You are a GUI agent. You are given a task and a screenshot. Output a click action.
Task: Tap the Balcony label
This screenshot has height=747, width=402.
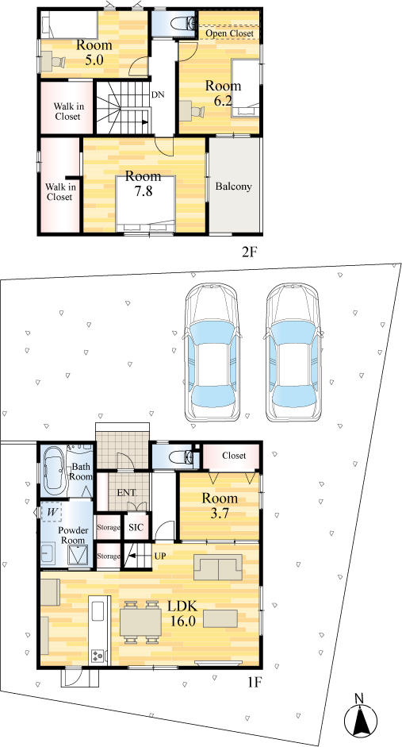pos(233,187)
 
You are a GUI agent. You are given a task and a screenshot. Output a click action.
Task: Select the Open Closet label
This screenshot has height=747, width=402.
pos(229,33)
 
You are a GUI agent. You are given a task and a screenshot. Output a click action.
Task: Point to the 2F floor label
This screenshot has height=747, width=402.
pos(250,252)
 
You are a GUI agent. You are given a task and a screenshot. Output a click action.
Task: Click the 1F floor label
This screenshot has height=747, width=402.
pos(254,682)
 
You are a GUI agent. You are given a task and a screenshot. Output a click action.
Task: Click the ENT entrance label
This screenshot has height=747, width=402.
pos(126,492)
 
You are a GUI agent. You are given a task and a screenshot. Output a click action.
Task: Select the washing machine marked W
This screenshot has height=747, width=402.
pos(51,513)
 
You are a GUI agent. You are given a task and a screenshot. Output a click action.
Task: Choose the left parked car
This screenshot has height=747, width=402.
pos(211,352)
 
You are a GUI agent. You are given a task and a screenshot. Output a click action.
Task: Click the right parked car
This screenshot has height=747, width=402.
pos(293,352)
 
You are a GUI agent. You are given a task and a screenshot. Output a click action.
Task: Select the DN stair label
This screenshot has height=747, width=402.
pos(158,94)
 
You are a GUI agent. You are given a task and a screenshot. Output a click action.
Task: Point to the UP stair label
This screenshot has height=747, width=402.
pos(159,556)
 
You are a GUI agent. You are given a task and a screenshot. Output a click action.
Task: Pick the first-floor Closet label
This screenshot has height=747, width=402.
pos(234,456)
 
